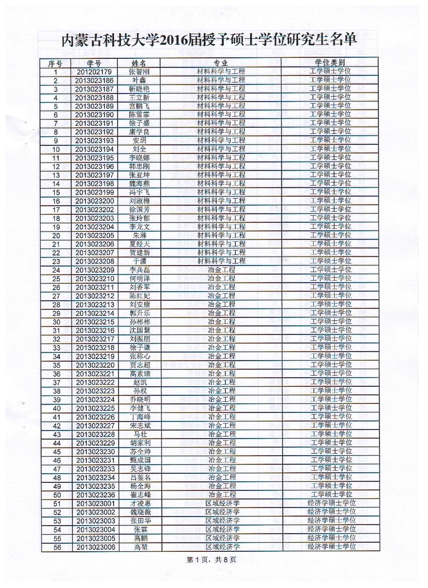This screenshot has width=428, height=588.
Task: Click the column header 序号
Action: (55, 63)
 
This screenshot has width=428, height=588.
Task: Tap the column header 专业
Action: (221, 63)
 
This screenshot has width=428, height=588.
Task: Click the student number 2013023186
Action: (95, 80)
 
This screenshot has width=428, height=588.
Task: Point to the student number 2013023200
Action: (95, 201)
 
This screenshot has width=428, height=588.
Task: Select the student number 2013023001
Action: (95, 503)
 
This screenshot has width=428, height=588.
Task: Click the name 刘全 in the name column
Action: (139, 149)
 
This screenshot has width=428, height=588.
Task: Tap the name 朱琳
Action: (139, 235)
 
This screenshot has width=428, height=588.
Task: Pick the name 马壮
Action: (139, 434)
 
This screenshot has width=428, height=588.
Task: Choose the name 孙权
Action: (139, 391)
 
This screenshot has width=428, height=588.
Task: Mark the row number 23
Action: (56, 261)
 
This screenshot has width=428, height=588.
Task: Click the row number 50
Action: (56, 494)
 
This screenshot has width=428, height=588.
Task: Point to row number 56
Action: (56, 547)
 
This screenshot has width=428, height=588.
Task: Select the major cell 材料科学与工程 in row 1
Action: (221, 71)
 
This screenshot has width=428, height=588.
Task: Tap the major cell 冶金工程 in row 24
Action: (222, 270)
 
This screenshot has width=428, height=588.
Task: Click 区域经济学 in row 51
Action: (222, 503)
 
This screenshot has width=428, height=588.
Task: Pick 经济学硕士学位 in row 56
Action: (331, 546)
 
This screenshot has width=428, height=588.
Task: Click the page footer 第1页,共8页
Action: (211, 559)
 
